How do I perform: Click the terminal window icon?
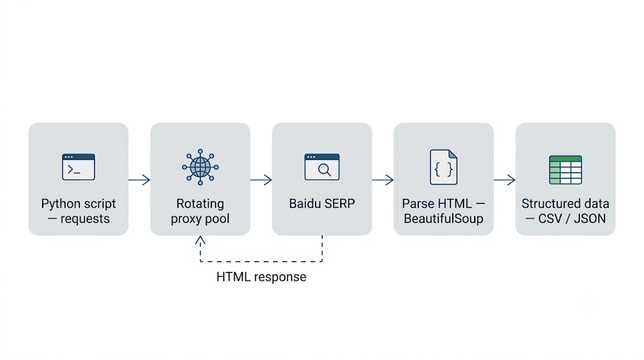click(79, 167)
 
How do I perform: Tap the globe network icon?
click(201, 167)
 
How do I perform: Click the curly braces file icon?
click(443, 167)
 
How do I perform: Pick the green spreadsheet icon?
click(565, 170)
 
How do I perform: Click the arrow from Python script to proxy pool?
click(139, 179)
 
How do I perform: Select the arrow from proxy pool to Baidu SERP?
click(261, 179)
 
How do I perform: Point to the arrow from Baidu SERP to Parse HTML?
click(383, 179)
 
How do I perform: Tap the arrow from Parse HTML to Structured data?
click(504, 179)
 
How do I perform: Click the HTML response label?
click(261, 277)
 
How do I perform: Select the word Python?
click(61, 205)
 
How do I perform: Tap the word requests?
click(85, 218)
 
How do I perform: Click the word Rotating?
click(201, 204)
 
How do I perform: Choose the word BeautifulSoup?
click(443, 218)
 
